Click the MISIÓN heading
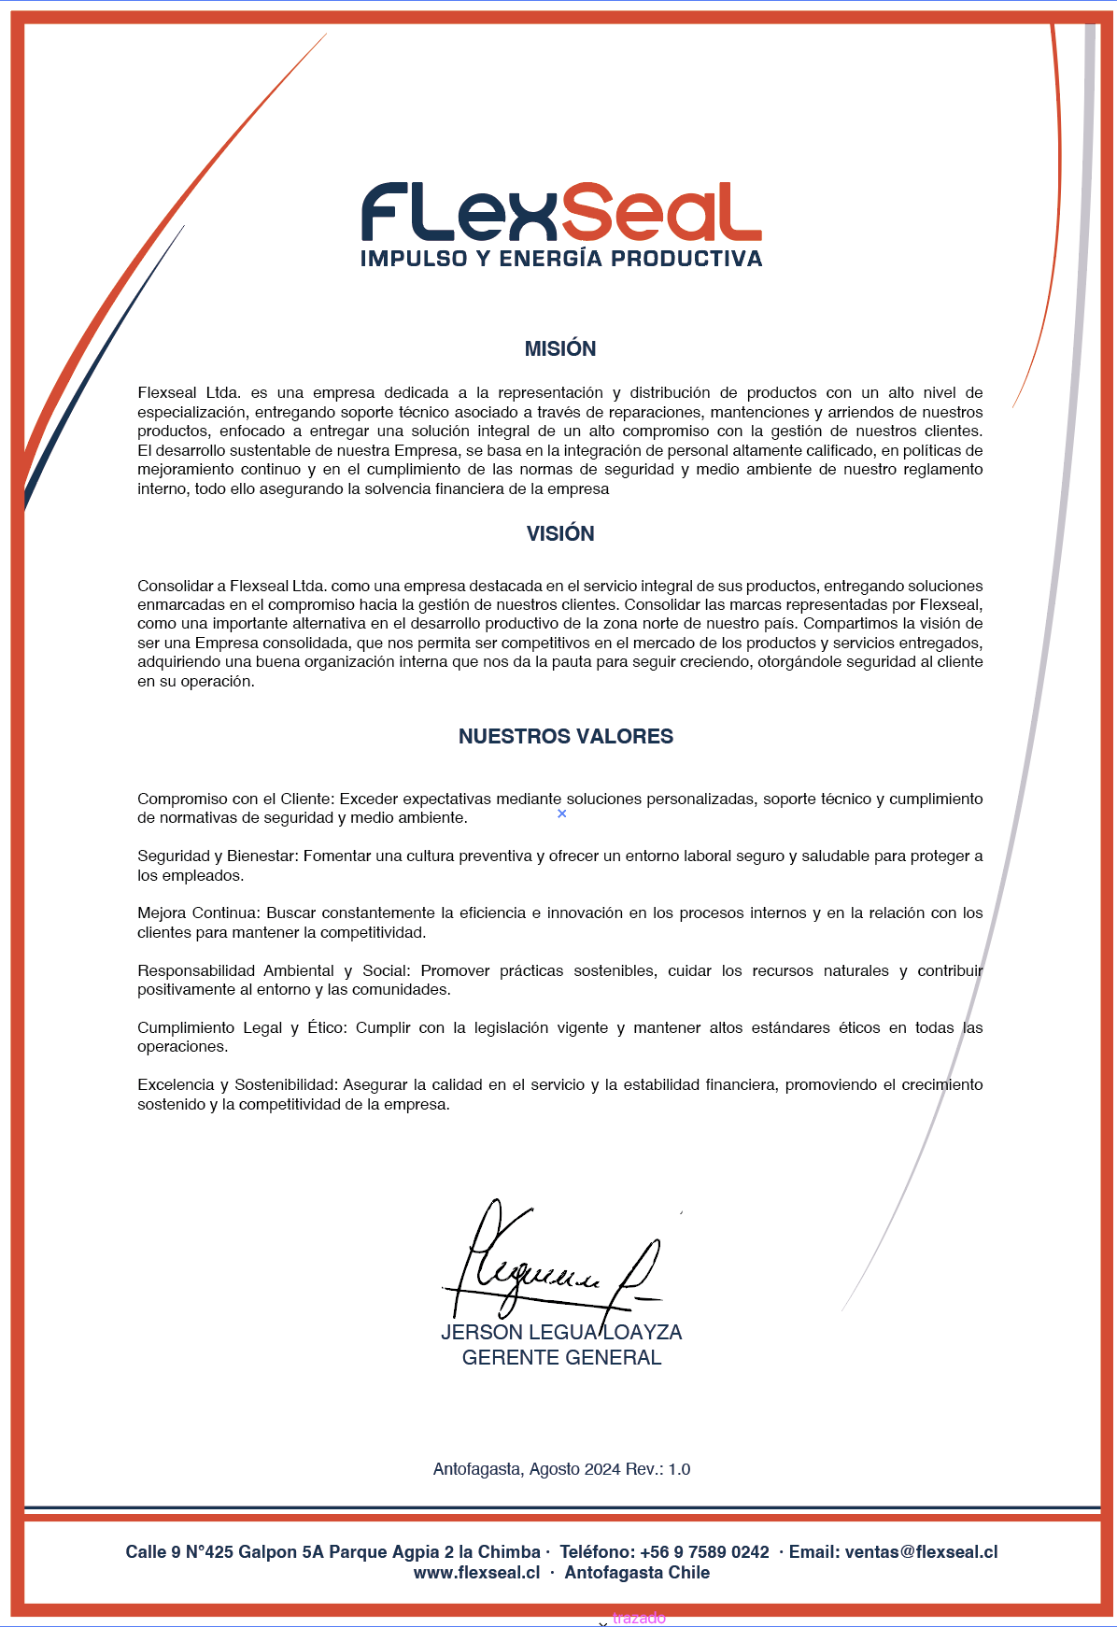click(x=560, y=348)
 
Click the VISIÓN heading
click(x=560, y=533)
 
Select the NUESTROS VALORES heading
click(x=565, y=736)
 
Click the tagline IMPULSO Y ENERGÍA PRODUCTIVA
click(x=561, y=259)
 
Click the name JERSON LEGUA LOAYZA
click(x=561, y=1332)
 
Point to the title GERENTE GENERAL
click(x=561, y=1357)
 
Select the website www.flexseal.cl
click(x=476, y=1572)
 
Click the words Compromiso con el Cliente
click(x=234, y=799)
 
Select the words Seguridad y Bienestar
click(x=216, y=856)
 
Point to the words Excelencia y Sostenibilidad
click(x=236, y=1084)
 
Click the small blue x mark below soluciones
click(x=561, y=813)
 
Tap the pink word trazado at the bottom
click(x=639, y=1618)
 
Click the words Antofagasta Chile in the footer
click(x=637, y=1572)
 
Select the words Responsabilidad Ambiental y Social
click(x=273, y=970)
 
